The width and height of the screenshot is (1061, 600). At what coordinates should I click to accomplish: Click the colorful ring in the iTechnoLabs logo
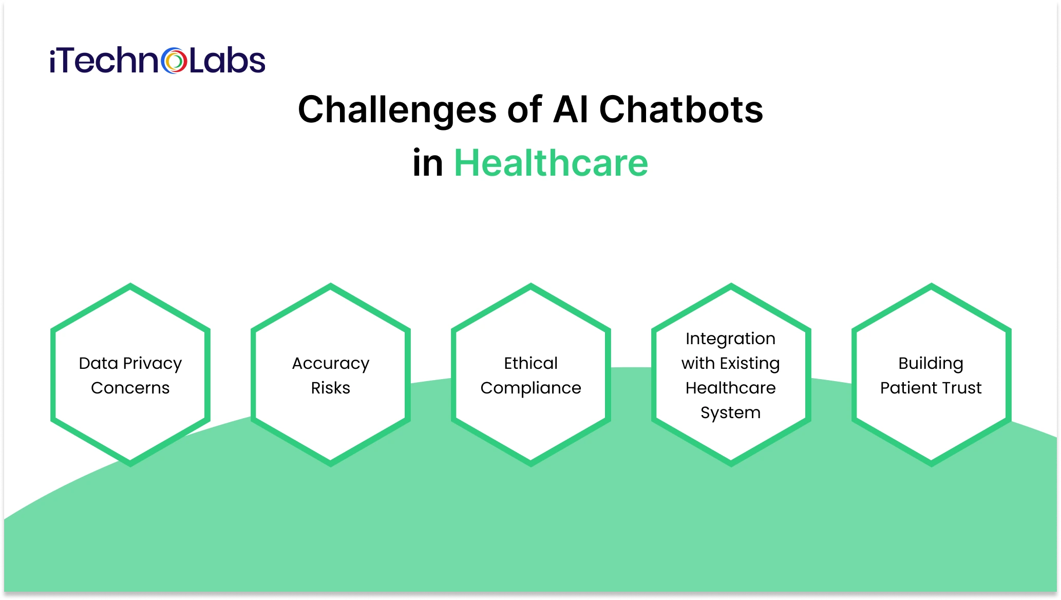pos(174,61)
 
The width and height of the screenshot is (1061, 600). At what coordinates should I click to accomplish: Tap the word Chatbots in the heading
pos(681,110)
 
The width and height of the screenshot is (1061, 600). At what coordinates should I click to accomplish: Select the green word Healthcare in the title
pos(551,163)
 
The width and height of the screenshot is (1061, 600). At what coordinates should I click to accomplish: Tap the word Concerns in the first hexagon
pos(130,388)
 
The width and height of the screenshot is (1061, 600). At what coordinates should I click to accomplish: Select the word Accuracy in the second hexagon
pos(331,364)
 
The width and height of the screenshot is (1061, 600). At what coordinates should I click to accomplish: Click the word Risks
pos(331,388)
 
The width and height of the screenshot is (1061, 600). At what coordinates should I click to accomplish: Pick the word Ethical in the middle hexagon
pos(530,363)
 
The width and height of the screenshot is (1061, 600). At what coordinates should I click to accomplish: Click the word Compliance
pos(530,388)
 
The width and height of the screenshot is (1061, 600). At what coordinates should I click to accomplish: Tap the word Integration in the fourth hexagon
pos(730,339)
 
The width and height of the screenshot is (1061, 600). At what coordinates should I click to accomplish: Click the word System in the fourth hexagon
pos(730,413)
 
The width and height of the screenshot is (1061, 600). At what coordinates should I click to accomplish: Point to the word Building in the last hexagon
pos(931,363)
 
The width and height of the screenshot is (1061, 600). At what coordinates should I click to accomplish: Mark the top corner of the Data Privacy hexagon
pos(130,286)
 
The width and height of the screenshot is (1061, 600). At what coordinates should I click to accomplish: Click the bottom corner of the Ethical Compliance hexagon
pos(531,463)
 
